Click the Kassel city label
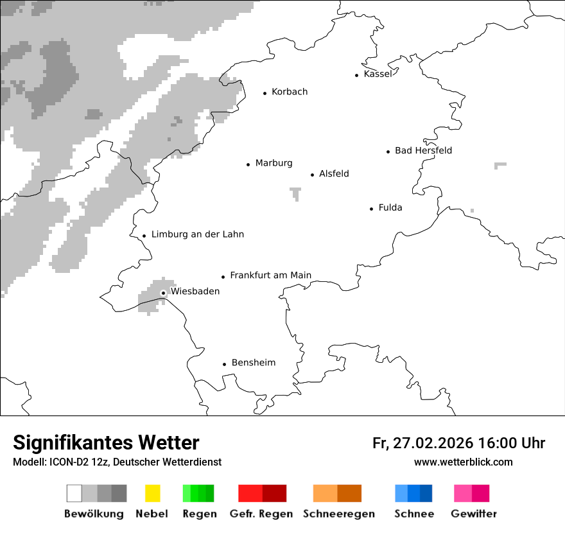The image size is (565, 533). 378,74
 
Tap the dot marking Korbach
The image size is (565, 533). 265,93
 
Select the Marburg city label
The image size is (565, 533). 274,163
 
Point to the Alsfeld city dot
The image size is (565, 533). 313,175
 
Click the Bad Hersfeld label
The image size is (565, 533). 423,151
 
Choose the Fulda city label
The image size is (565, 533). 390,208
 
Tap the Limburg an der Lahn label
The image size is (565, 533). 197,234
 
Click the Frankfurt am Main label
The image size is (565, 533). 270,275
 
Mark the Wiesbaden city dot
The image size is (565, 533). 163,293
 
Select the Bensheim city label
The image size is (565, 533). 253,363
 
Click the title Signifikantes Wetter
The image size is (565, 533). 106,442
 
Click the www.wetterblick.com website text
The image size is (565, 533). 463,462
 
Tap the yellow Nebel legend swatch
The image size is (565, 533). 152,493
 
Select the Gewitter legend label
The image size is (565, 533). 473,514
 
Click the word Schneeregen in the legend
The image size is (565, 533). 338,514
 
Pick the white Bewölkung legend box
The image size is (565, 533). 74,493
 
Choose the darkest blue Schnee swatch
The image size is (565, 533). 426,493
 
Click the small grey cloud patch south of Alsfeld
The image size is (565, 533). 295,193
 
